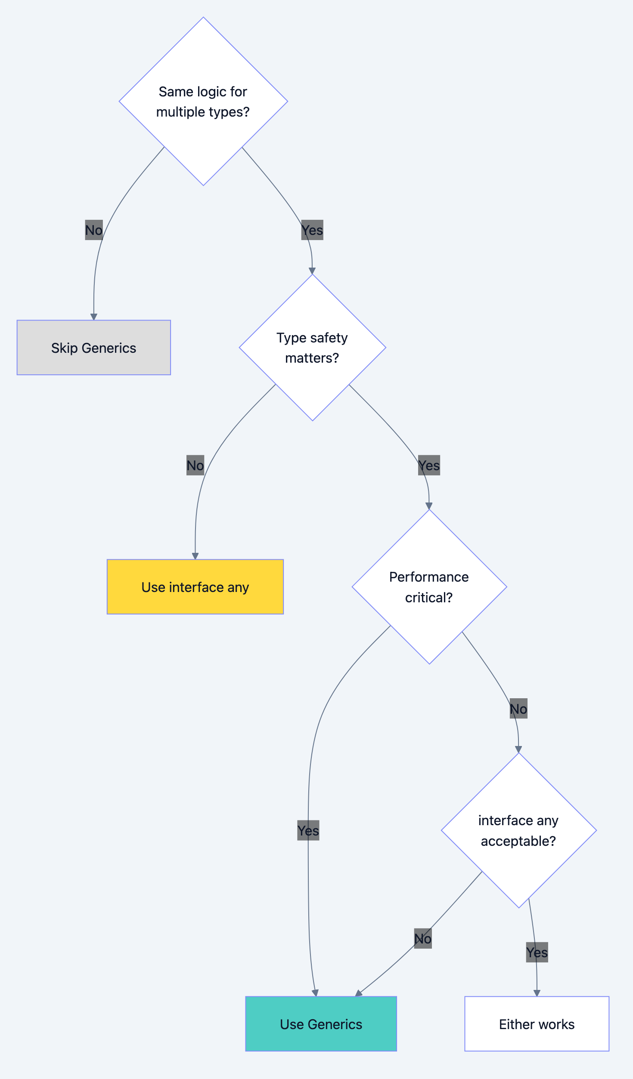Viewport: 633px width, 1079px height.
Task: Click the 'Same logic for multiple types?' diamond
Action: click(x=203, y=102)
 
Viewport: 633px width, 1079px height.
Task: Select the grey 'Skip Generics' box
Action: click(x=93, y=348)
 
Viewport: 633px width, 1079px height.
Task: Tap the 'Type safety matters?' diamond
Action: click(x=312, y=348)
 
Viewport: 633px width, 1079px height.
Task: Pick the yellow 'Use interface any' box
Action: click(x=195, y=587)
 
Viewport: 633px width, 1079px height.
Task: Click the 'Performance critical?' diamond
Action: click(x=429, y=587)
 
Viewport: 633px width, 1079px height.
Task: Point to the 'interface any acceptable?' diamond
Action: click(x=518, y=830)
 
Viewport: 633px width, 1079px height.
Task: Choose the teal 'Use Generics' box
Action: click(x=321, y=1024)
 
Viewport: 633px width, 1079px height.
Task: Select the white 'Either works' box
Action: click(x=537, y=1024)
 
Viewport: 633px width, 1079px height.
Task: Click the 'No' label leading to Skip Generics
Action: click(x=93, y=230)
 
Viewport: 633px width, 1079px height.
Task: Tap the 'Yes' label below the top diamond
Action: click(x=312, y=230)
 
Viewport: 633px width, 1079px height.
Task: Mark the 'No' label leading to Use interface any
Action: click(x=195, y=466)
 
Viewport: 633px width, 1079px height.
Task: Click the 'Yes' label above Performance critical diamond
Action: click(x=429, y=466)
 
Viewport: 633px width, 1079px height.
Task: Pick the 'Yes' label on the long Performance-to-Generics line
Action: click(x=308, y=830)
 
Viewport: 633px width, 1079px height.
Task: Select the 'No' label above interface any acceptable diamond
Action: click(x=518, y=709)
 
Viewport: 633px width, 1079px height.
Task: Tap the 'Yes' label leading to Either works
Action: click(x=537, y=953)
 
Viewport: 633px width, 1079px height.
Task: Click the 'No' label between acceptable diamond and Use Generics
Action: click(x=423, y=939)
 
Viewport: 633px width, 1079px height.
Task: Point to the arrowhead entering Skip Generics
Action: click(x=94, y=317)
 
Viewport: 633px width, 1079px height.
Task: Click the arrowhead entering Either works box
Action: click(x=537, y=993)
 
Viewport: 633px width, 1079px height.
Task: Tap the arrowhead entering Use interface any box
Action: click(x=195, y=556)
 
